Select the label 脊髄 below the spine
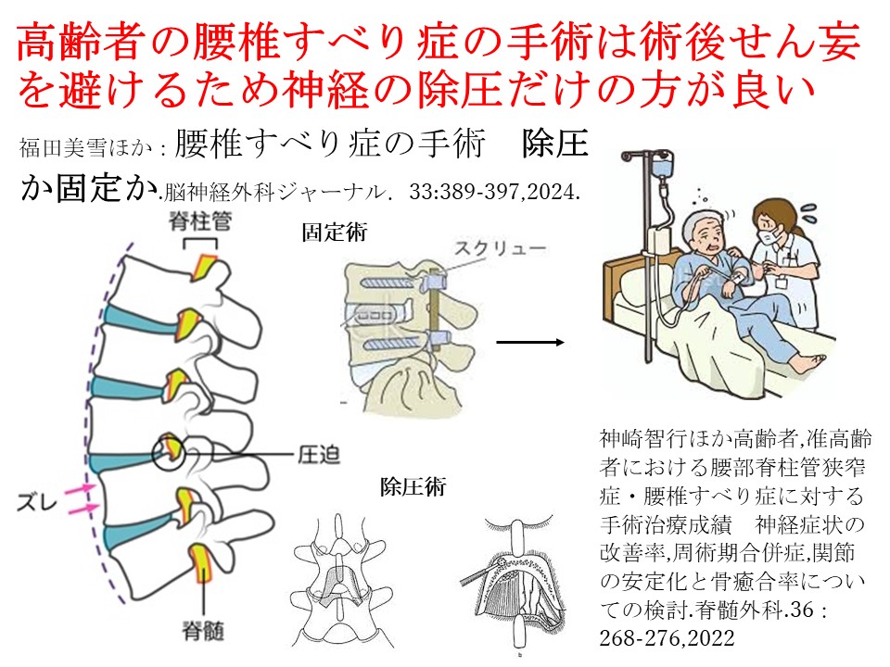pyautogui.click(x=203, y=630)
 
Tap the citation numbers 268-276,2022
pyautogui.click(x=667, y=639)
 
